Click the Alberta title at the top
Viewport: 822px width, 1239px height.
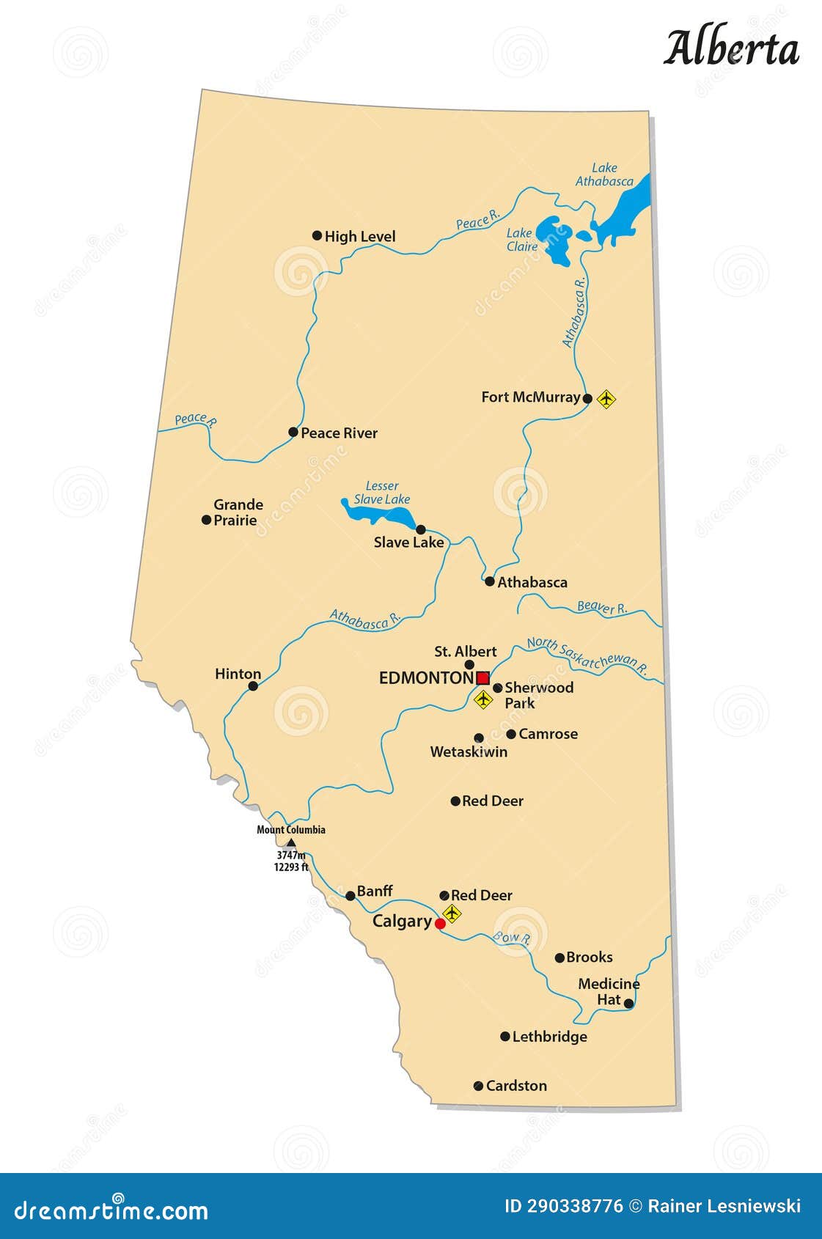click(731, 48)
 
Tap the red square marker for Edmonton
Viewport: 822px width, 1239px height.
click(482, 678)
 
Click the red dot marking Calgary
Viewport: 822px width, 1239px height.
click(440, 924)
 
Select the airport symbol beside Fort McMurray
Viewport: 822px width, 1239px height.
click(606, 399)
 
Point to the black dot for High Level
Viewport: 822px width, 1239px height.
click(317, 235)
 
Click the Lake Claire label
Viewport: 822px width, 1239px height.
click(522, 240)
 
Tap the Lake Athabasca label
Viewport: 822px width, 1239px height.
click(604, 174)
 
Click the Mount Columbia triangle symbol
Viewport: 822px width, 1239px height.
click(290, 842)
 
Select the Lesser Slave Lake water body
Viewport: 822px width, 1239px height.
click(374, 512)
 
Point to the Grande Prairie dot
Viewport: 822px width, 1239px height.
click(206, 520)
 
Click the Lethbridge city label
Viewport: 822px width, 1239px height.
click(549, 1037)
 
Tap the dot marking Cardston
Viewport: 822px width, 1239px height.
click(478, 1086)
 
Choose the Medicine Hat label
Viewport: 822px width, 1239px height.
click(609, 992)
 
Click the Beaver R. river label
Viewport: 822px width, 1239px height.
click(602, 607)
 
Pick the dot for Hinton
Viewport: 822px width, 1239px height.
click(253, 686)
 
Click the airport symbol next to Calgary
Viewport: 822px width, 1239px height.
click(452, 913)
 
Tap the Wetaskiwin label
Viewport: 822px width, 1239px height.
click(469, 751)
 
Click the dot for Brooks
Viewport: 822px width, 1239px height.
click(559, 957)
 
